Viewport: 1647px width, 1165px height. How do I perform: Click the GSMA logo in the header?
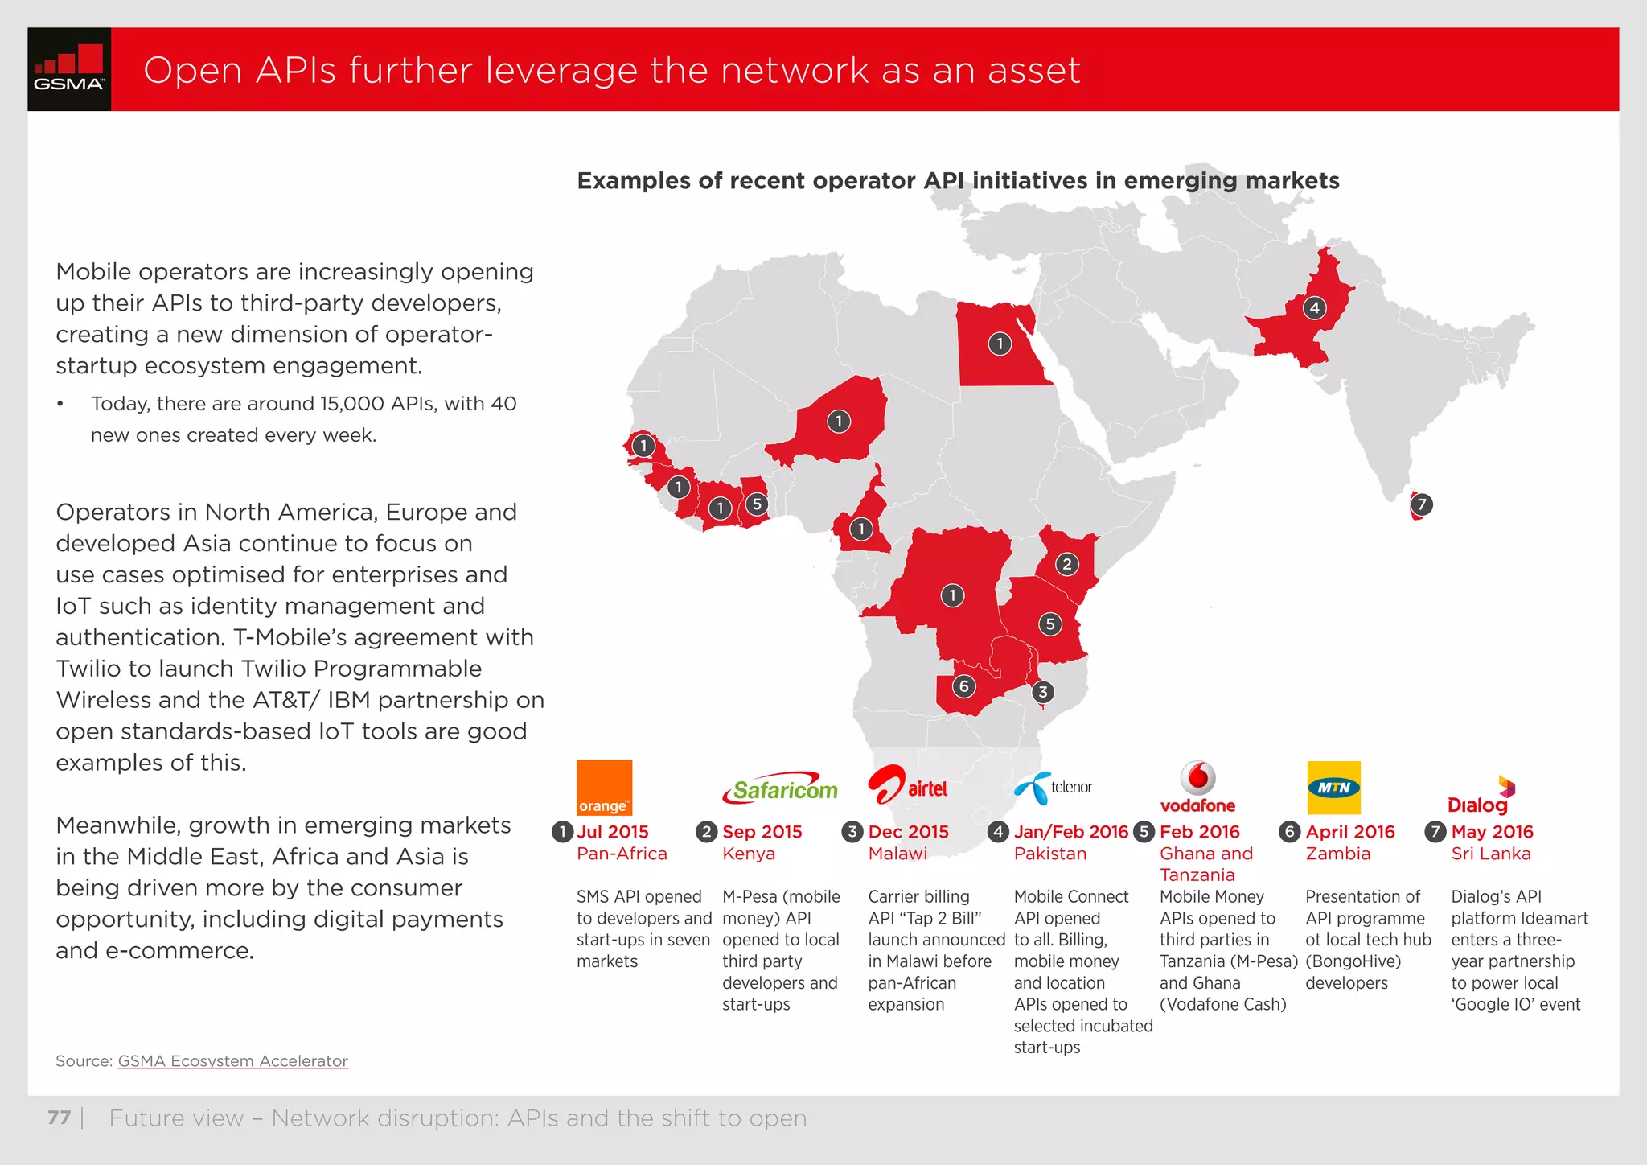69,69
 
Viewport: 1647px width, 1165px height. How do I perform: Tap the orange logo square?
604,787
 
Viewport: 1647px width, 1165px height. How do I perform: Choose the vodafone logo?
1197,787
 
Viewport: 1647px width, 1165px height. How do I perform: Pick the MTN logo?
1333,788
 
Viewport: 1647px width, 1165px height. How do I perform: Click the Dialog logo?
1481,796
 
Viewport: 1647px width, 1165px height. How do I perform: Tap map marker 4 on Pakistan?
1314,307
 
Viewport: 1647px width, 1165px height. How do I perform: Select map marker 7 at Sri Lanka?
1422,504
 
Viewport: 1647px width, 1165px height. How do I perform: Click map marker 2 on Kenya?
1066,564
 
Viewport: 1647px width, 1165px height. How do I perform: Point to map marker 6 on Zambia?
963,686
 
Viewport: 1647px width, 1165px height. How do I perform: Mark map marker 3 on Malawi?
1042,692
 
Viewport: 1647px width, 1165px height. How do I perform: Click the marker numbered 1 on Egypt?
1000,344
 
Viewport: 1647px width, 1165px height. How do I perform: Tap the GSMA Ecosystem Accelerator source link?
232,1061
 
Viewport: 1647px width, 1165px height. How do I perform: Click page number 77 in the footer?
60,1118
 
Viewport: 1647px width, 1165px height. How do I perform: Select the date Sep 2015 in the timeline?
762,832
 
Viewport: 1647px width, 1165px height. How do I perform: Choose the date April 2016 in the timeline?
1349,832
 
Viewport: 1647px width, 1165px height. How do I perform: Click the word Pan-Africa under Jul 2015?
622,854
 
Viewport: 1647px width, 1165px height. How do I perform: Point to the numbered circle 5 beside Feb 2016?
1144,832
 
